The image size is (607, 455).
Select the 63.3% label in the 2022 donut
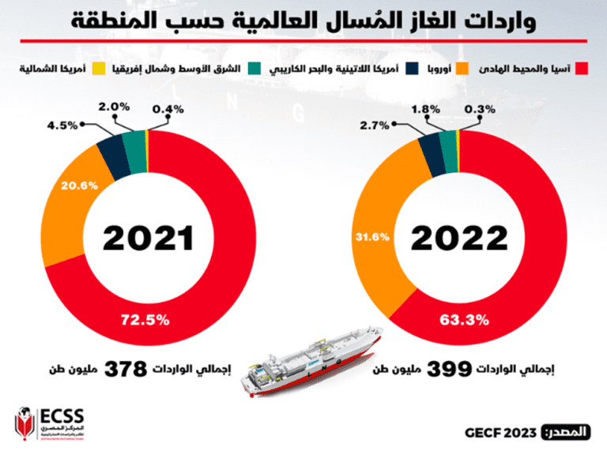click(464, 321)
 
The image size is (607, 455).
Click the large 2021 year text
click(149, 235)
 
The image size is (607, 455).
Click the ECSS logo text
click(66, 416)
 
